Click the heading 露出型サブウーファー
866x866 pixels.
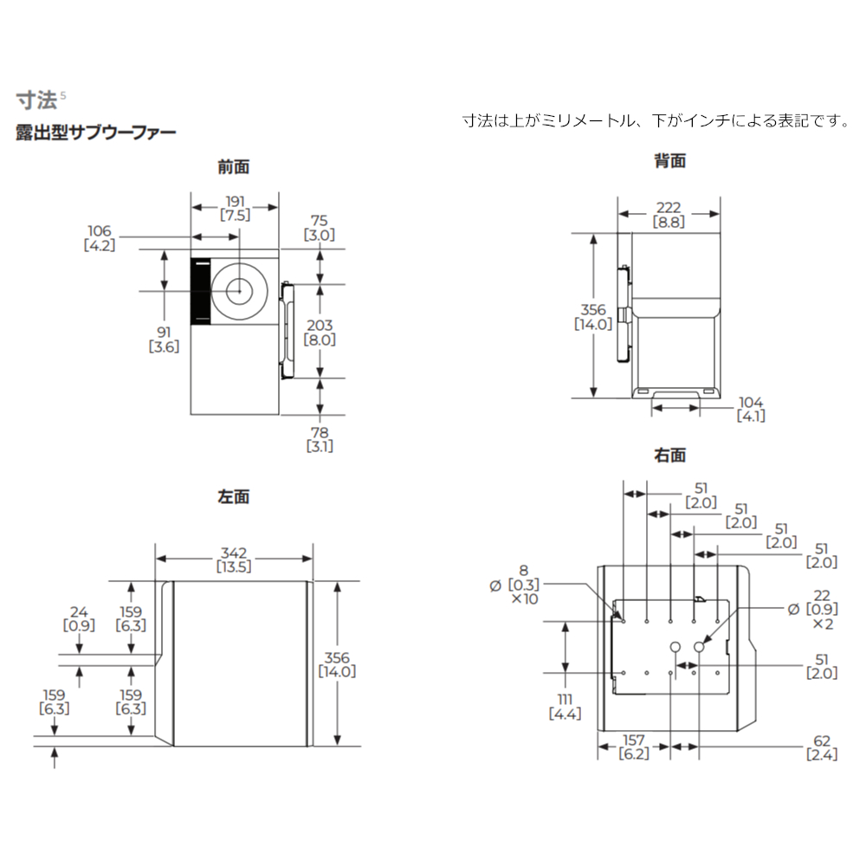(95, 132)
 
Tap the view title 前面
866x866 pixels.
(234, 167)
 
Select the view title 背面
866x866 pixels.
(669, 160)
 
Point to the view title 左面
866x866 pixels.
(234, 497)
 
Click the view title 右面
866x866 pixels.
(669, 455)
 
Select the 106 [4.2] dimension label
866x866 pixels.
(100, 237)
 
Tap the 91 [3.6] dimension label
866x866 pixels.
(165, 339)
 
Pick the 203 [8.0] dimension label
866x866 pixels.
(319, 332)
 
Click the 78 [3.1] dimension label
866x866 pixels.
(320, 439)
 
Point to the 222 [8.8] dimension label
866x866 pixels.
(669, 215)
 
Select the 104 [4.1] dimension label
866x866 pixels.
(750, 409)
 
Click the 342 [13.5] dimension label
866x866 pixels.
(234, 559)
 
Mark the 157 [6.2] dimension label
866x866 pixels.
(634, 747)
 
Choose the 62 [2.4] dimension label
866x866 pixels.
(822, 747)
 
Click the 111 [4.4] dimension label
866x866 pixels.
(565, 706)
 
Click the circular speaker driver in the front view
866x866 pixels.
(237, 291)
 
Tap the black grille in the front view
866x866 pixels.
(200, 292)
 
